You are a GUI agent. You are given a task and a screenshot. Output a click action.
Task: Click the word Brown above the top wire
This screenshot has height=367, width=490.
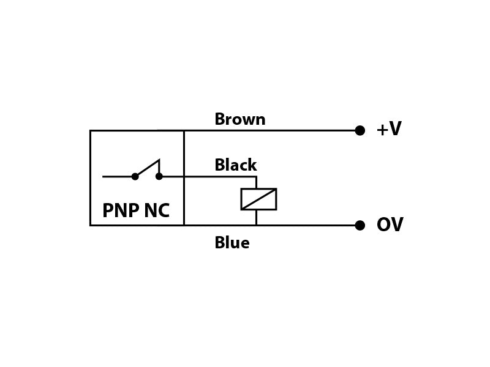(x=240, y=119)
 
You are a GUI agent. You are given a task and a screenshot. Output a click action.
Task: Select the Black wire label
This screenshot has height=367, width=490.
(x=236, y=165)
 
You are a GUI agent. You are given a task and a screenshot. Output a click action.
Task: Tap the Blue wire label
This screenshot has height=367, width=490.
(x=232, y=242)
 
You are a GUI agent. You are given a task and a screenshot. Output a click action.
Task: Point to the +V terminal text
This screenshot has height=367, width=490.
(x=389, y=128)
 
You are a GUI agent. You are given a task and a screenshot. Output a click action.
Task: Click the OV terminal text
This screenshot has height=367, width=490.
(x=390, y=224)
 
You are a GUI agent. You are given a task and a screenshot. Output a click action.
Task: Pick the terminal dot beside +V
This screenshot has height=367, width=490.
(x=360, y=130)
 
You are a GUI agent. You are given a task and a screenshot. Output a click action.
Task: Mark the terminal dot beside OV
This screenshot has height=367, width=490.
(x=360, y=225)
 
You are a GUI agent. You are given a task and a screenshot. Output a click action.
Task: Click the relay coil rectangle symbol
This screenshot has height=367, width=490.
(x=258, y=188)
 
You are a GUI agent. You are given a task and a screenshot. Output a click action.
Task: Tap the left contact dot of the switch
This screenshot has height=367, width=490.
(x=135, y=177)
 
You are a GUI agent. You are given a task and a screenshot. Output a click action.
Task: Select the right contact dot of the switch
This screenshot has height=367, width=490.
(x=159, y=177)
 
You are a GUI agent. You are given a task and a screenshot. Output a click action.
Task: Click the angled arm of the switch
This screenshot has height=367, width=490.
(x=148, y=168)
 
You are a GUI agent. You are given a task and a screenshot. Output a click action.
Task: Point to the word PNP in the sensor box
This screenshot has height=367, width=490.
(x=121, y=210)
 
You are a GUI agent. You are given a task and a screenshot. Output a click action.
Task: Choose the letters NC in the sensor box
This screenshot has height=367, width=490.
(x=157, y=210)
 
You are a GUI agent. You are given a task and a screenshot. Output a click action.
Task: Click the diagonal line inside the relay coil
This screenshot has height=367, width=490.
(x=258, y=199)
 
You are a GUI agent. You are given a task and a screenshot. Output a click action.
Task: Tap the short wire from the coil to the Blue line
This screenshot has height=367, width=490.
(x=256, y=218)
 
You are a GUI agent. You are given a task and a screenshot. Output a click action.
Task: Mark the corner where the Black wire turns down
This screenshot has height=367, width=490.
(x=256, y=177)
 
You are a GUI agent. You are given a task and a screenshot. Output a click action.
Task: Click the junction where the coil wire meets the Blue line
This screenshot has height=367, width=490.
(x=256, y=225)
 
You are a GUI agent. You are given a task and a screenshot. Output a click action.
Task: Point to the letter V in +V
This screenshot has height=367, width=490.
(x=395, y=128)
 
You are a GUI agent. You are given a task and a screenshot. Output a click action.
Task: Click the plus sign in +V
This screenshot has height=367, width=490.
(x=382, y=130)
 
